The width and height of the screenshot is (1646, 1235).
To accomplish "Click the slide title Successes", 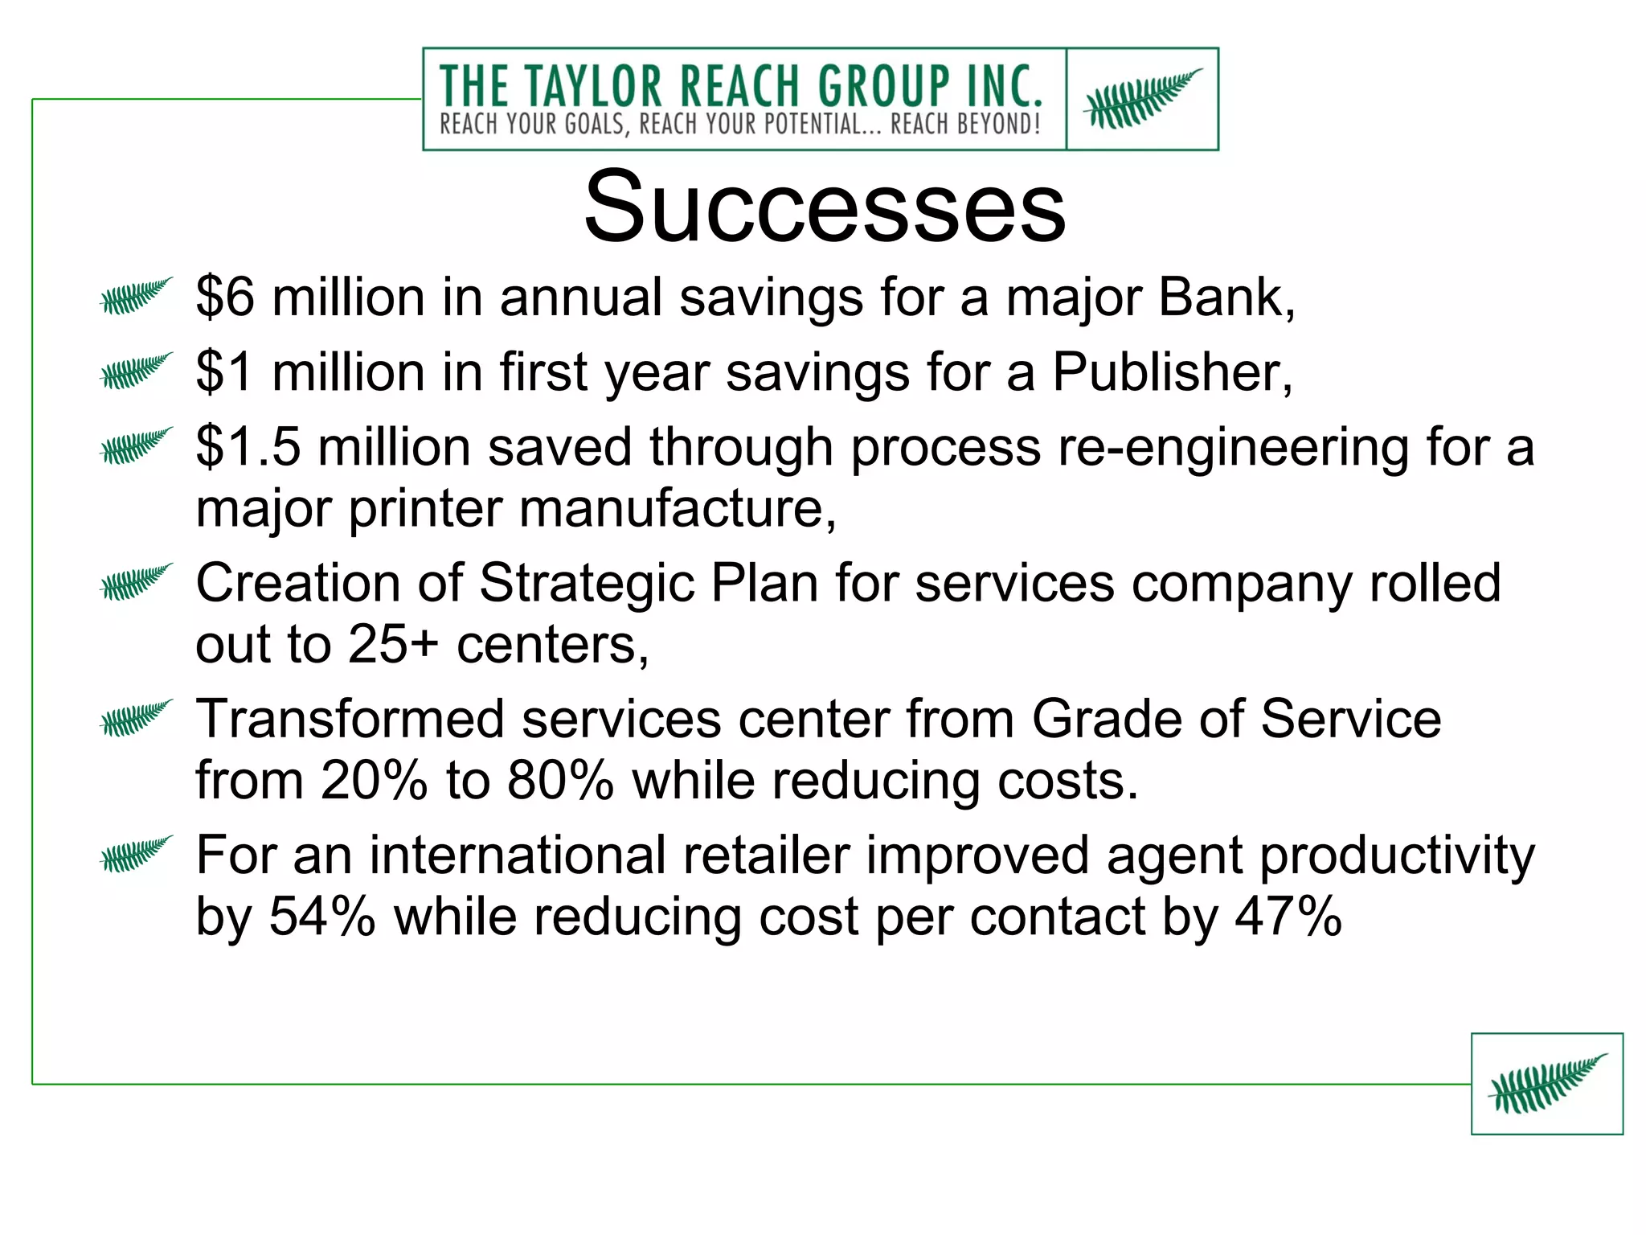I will tap(825, 207).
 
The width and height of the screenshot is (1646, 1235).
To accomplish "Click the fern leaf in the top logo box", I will tap(1142, 98).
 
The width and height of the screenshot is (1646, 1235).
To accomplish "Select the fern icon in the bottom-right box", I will tap(1547, 1083).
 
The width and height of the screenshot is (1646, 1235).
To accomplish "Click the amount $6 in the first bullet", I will tap(225, 297).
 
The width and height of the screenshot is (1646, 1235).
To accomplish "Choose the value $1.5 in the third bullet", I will tap(248, 447).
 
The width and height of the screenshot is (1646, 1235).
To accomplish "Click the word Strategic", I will tap(587, 583).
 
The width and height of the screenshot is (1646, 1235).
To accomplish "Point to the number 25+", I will tap(393, 645).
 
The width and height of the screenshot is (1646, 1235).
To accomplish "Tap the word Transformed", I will tap(350, 719).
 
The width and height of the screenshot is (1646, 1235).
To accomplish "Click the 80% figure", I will tap(560, 781).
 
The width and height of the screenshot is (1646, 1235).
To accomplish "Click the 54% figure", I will tap(321, 917).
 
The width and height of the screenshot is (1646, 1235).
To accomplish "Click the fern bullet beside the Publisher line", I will tap(136, 371).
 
